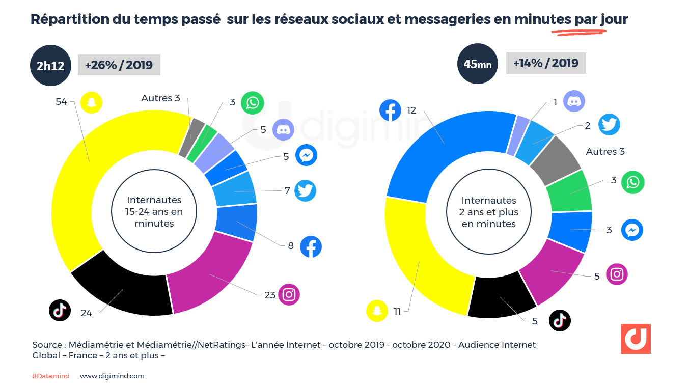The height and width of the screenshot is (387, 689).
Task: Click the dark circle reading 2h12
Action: (x=50, y=65)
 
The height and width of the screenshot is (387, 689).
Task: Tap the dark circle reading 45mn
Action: (x=477, y=64)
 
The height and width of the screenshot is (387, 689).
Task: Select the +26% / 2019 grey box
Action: (x=119, y=65)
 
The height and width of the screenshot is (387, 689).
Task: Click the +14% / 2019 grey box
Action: (x=546, y=63)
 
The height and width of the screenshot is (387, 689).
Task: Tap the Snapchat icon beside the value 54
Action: (x=92, y=102)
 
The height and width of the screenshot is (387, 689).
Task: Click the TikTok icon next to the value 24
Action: (x=60, y=310)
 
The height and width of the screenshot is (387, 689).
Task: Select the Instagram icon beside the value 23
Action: (x=289, y=294)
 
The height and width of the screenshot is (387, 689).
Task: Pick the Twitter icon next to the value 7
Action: (x=305, y=190)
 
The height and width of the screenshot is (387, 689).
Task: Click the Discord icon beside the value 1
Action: (x=574, y=101)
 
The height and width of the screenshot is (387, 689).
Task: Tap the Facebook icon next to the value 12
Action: (x=391, y=110)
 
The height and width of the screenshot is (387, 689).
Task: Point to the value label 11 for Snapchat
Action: (x=397, y=311)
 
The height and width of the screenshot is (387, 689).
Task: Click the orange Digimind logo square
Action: (x=635, y=339)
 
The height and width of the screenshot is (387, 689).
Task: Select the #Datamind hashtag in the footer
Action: (x=50, y=376)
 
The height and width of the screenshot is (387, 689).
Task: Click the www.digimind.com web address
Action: (x=112, y=376)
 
